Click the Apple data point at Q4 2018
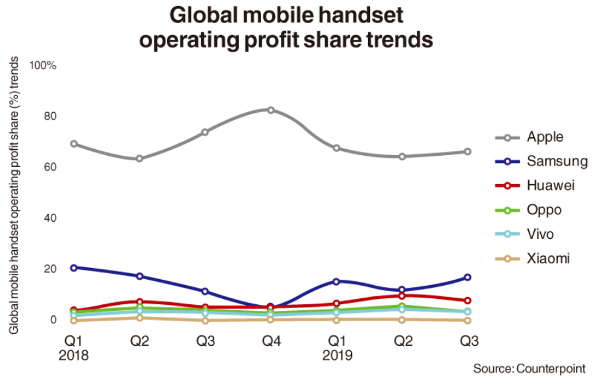(x=270, y=110)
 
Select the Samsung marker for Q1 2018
(x=74, y=267)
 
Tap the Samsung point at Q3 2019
(x=468, y=277)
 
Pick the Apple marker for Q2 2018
(x=139, y=158)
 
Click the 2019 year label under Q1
(x=336, y=355)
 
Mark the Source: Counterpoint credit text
(x=529, y=368)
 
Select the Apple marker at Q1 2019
(x=336, y=148)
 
